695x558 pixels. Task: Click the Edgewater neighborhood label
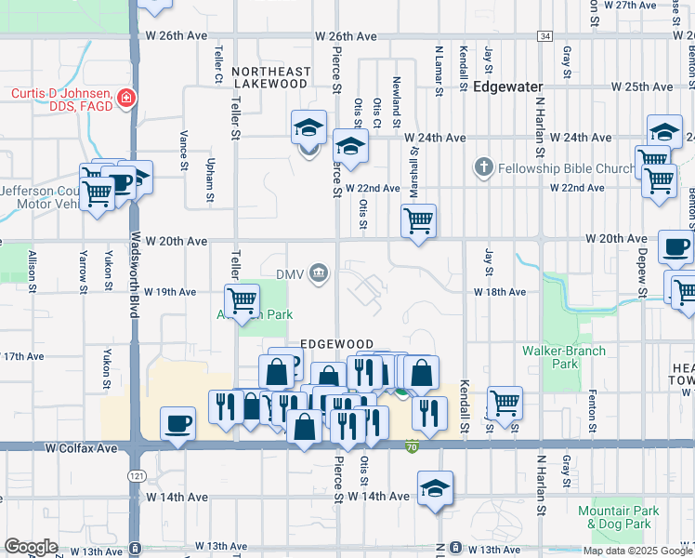pyautogui.click(x=507, y=86)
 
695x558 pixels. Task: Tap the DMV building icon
pyautogui.click(x=319, y=272)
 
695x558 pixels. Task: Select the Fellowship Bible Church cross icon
pyautogui.click(x=482, y=168)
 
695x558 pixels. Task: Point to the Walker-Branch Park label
pyautogui.click(x=563, y=357)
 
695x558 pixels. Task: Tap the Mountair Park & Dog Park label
pyautogui.click(x=618, y=517)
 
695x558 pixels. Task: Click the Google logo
pyautogui.click(x=31, y=547)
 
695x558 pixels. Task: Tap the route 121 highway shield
pyautogui.click(x=137, y=475)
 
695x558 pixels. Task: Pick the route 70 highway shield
pyautogui.click(x=411, y=447)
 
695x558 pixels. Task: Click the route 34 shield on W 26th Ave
pyautogui.click(x=544, y=35)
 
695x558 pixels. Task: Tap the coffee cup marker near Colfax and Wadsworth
pyautogui.click(x=177, y=423)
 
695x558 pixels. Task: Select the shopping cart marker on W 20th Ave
pyautogui.click(x=418, y=221)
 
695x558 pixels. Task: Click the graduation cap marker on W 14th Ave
pyautogui.click(x=434, y=488)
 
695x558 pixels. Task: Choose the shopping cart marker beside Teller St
pyautogui.click(x=242, y=299)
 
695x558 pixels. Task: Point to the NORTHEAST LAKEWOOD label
pyautogui.click(x=270, y=77)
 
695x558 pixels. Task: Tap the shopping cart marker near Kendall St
pyautogui.click(x=505, y=403)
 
